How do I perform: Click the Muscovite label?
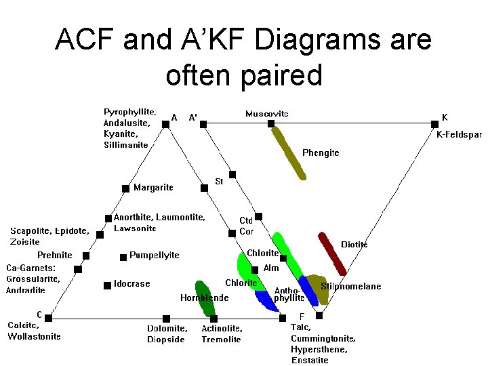(x=266, y=114)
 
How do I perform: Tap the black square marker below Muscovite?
(x=270, y=124)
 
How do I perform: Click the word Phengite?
(x=321, y=153)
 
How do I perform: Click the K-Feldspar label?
(x=458, y=135)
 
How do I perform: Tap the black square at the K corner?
(x=434, y=124)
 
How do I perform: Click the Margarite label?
(x=153, y=187)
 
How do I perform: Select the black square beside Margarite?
(x=125, y=188)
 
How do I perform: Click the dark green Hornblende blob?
(x=201, y=298)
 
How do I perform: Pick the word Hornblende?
(x=204, y=298)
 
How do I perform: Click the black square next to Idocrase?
(x=107, y=285)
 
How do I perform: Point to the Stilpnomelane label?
(x=350, y=286)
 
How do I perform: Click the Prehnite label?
(x=54, y=255)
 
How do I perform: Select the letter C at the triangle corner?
(x=39, y=314)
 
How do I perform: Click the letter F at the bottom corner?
(x=302, y=317)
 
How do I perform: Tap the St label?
(x=219, y=182)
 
